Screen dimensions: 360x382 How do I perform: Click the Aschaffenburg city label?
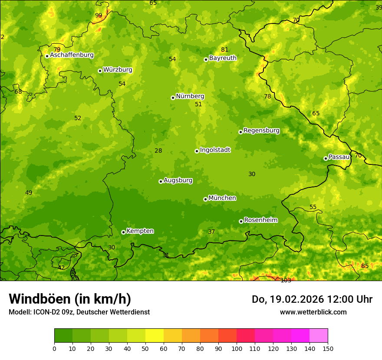[x=72, y=55]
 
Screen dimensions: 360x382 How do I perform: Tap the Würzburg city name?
[x=118, y=70]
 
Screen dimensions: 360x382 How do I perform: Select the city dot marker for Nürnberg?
[x=173, y=98]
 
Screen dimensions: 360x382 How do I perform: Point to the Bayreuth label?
[x=223, y=58]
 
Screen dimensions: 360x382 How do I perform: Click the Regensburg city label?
[x=261, y=131]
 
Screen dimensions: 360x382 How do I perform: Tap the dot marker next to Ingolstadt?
[x=197, y=151]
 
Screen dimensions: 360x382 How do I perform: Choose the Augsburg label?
[x=178, y=180]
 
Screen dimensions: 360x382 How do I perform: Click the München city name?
[x=222, y=198]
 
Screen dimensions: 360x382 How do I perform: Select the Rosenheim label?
[x=260, y=220]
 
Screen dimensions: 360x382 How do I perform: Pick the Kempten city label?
[x=140, y=231]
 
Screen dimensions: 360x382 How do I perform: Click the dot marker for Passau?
[x=326, y=158]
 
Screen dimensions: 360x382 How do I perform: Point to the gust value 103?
[x=286, y=281]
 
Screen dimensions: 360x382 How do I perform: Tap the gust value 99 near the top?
[x=99, y=16]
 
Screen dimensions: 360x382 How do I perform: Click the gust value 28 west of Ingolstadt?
[x=158, y=151]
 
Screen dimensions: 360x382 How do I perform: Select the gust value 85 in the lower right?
[x=365, y=266]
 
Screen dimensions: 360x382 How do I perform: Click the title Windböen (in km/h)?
[x=70, y=299]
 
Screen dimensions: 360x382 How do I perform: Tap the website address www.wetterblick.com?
[x=313, y=312]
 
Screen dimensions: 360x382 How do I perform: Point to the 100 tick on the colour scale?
[x=237, y=348]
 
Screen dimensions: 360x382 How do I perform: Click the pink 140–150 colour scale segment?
[x=319, y=336]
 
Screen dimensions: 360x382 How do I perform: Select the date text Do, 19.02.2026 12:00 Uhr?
[x=312, y=299]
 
